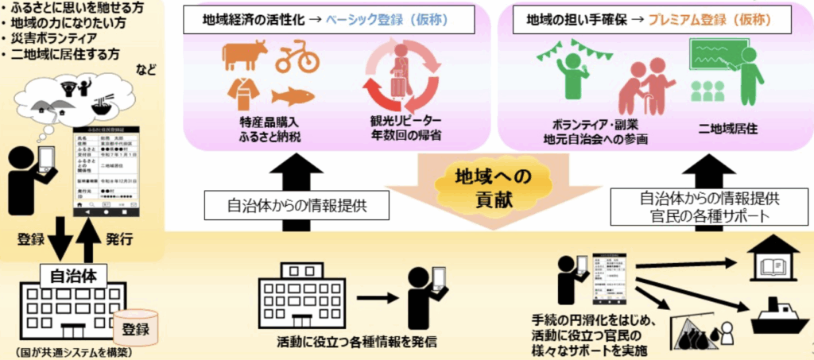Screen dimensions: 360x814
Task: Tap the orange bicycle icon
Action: coord(297,58)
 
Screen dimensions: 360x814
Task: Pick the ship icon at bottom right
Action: coord(776,315)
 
